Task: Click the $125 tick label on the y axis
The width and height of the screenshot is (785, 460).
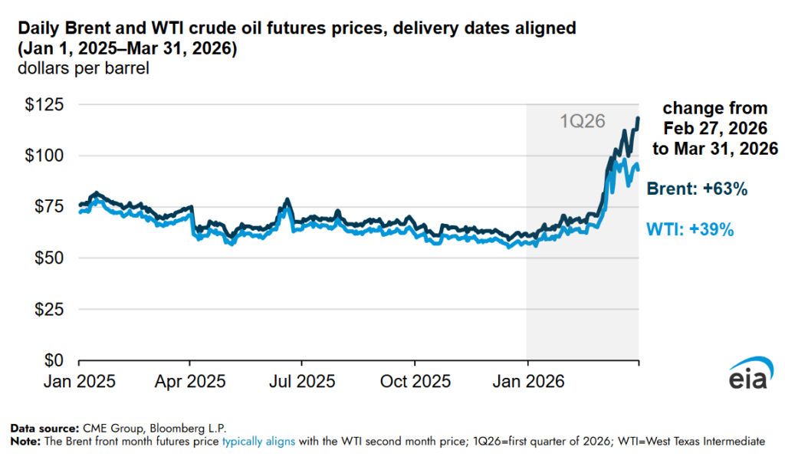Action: pos(42,104)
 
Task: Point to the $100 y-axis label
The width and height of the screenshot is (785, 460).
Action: pos(42,156)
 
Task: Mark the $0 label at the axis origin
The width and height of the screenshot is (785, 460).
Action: pos(51,360)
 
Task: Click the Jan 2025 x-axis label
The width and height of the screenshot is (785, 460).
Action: pos(80,380)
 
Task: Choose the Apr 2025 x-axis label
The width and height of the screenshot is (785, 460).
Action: pos(191,380)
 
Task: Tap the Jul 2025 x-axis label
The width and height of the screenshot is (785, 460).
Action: pos(302,380)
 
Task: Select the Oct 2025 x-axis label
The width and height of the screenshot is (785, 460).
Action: pos(415,380)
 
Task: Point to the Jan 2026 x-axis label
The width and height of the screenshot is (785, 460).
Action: pos(527,380)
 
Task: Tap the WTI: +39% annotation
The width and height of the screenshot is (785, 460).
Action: pos(691,229)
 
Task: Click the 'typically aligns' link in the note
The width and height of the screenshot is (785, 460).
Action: pos(258,442)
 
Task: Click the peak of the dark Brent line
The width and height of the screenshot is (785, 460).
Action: pos(638,118)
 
